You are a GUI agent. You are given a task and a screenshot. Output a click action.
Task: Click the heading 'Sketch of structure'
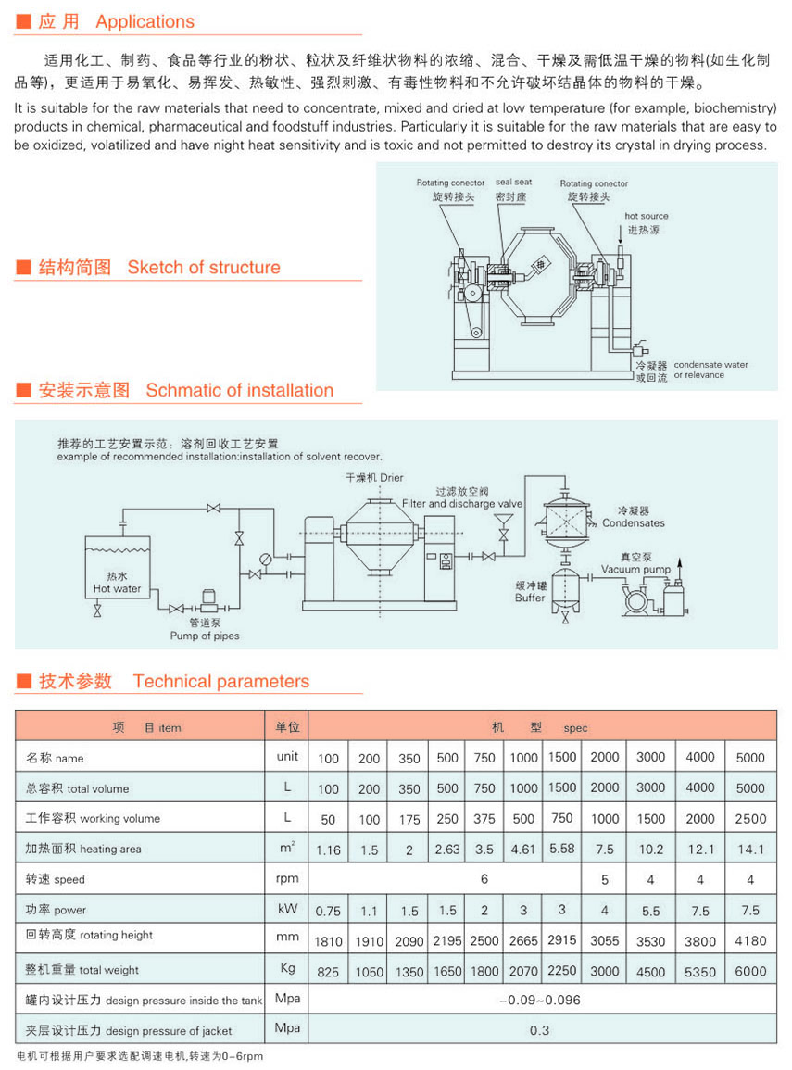coord(203,267)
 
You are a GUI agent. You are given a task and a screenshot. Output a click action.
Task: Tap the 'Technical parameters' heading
coord(221,681)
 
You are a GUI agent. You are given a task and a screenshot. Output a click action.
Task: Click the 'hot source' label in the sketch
coord(646,216)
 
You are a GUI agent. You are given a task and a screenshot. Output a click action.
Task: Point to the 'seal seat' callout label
coord(513,183)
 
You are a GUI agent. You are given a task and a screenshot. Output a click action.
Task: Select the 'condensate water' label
coord(710,364)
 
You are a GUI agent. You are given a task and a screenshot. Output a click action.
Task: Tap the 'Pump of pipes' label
coord(205,636)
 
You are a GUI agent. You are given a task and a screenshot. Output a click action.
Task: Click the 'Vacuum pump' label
coord(635,569)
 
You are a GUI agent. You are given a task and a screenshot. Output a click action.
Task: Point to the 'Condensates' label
coord(633,523)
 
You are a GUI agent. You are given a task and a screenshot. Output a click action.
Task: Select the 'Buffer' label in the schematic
coord(529,598)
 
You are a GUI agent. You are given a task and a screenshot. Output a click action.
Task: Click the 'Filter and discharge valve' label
coord(462,504)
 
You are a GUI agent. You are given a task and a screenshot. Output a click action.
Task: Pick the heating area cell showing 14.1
coord(750,850)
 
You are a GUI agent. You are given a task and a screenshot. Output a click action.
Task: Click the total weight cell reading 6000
coord(750,971)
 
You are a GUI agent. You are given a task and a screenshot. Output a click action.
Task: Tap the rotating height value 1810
coord(328,941)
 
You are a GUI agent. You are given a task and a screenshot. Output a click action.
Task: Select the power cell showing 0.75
coord(328,911)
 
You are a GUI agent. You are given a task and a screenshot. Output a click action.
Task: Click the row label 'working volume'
coord(120,818)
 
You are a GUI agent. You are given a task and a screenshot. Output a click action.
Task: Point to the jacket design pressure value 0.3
coord(540,1030)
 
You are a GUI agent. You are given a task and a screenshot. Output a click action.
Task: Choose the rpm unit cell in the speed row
coord(287,878)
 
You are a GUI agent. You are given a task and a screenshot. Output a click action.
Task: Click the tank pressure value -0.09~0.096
coord(540,1000)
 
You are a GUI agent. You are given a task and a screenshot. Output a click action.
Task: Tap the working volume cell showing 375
coord(484,819)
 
